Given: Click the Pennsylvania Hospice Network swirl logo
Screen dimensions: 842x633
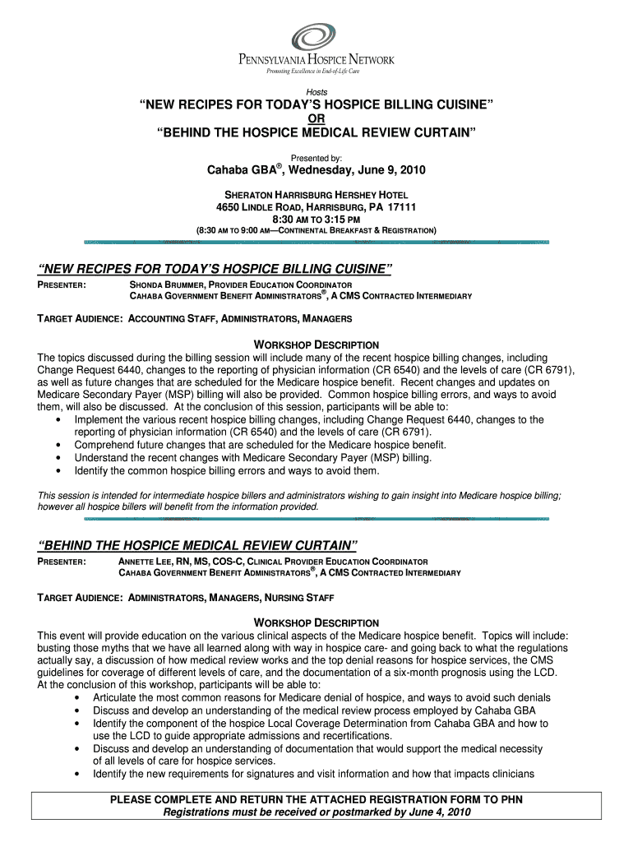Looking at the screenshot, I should coord(315,37).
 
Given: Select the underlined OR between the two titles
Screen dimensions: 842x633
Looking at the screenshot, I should coord(316,118).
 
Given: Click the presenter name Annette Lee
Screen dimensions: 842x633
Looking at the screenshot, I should coord(146,561).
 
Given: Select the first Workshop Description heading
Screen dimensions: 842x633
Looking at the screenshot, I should coord(316,345).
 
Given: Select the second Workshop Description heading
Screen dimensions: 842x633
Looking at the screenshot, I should coord(316,622).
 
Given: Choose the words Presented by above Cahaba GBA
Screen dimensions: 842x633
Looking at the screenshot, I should coord(316,156).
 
